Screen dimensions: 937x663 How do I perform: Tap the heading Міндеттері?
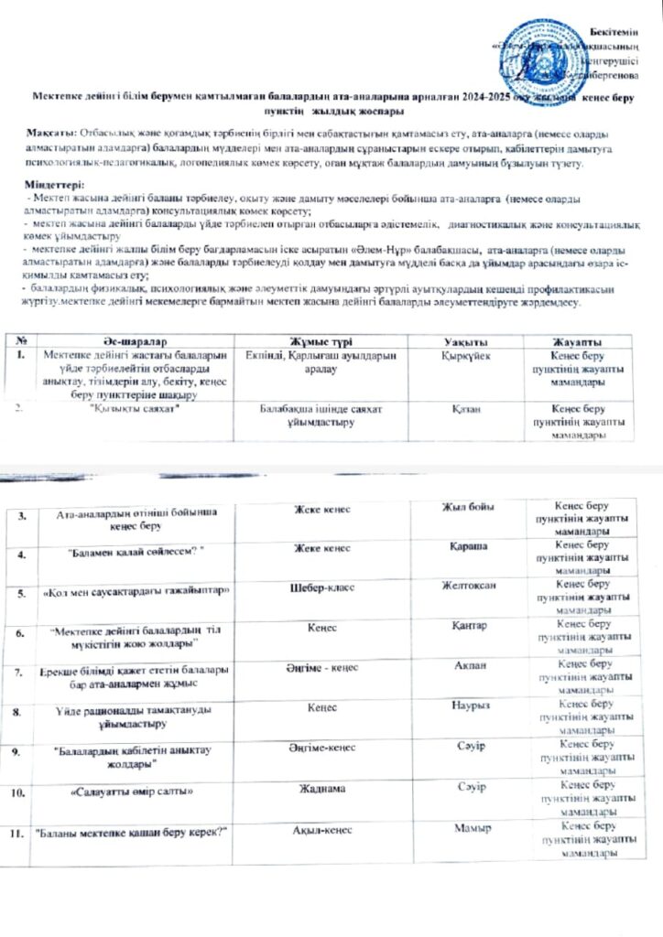coord(53,184)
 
